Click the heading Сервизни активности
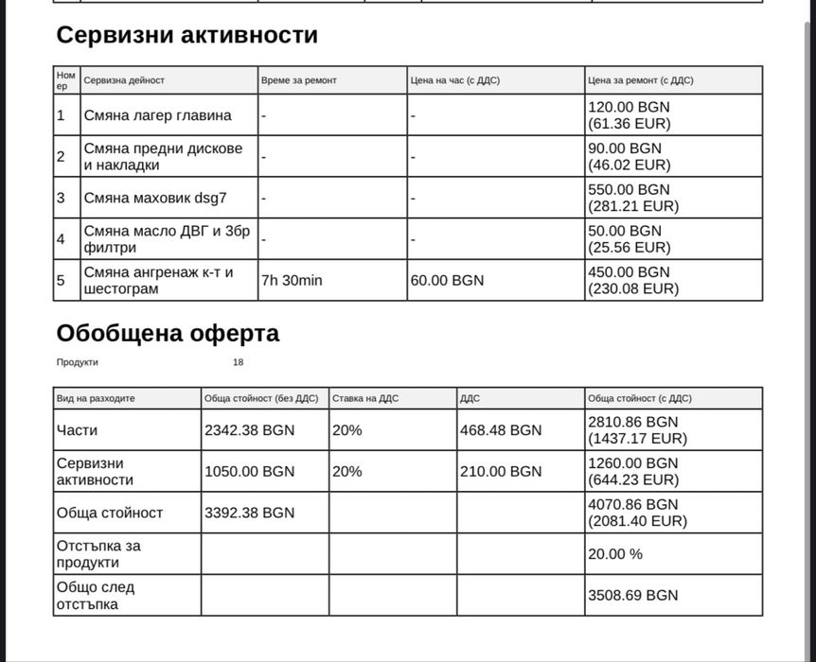pyautogui.click(x=187, y=36)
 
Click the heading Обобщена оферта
pyautogui.click(x=168, y=334)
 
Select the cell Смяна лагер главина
pyautogui.click(x=157, y=115)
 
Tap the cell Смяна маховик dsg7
pyautogui.click(x=155, y=198)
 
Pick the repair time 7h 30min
pyautogui.click(x=292, y=281)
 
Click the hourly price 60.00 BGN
pyautogui.click(x=447, y=281)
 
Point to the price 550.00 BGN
pyautogui.click(x=629, y=189)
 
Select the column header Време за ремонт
pyautogui.click(x=298, y=80)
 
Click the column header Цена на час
pyautogui.click(x=454, y=80)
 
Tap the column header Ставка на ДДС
pyautogui.click(x=365, y=398)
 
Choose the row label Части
pyautogui.click(x=77, y=430)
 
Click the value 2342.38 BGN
pyautogui.click(x=249, y=430)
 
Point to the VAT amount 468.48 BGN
pyautogui.click(x=501, y=430)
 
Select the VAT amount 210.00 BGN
pyautogui.click(x=501, y=471)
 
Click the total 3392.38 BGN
pyautogui.click(x=249, y=513)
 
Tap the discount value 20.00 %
pyautogui.click(x=615, y=554)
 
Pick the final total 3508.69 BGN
pyautogui.click(x=633, y=596)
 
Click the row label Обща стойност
pyautogui.click(x=110, y=513)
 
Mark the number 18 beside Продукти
pyautogui.click(x=238, y=362)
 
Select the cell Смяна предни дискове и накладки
pyautogui.click(x=163, y=156)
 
